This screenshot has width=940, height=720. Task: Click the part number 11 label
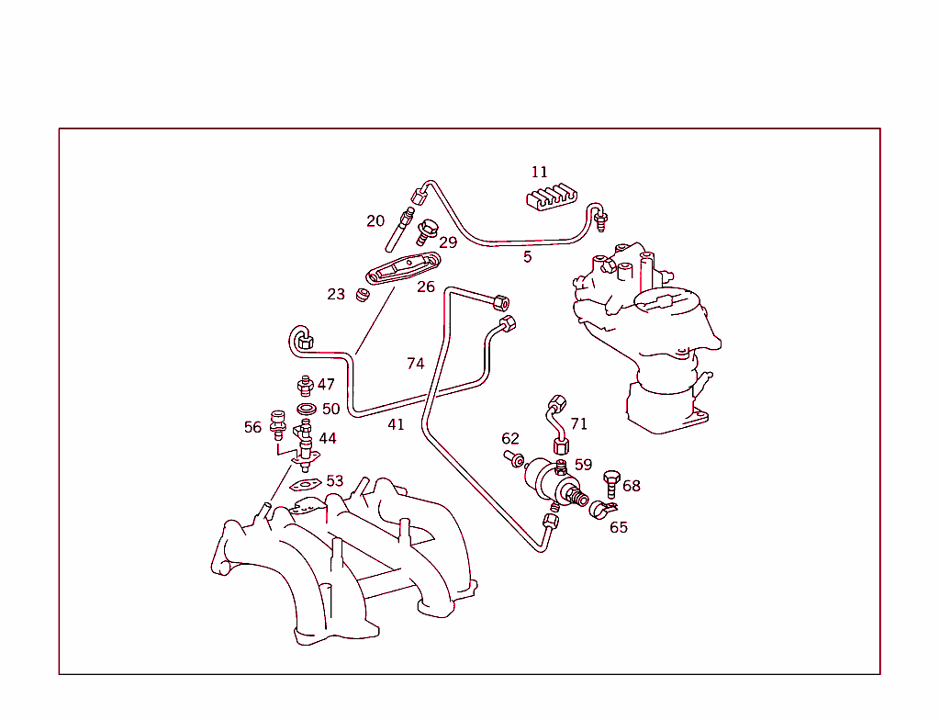pos(540,173)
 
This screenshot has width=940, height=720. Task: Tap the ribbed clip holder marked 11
pos(552,197)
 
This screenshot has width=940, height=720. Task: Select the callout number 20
pos(375,221)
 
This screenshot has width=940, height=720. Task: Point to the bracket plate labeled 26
pos(403,269)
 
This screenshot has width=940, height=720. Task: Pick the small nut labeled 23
pos(362,295)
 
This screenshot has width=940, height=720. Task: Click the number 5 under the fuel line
pos(528,257)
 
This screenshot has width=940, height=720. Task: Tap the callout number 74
pos(416,364)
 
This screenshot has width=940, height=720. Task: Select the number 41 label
pos(396,425)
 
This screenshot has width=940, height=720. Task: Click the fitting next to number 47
pos(306,386)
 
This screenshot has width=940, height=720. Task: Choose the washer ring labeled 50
pos(307,410)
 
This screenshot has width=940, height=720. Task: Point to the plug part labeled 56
pos(277,422)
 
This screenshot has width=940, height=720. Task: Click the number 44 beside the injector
pos(328,439)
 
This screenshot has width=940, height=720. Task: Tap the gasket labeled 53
pos(306,484)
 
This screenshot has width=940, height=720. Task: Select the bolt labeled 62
pos(513,459)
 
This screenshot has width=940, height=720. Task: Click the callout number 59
pos(583,465)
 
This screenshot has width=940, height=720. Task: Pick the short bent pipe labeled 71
pos(557,423)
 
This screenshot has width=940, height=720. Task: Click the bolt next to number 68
pos(610,484)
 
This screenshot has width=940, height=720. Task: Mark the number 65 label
pos(619,527)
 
